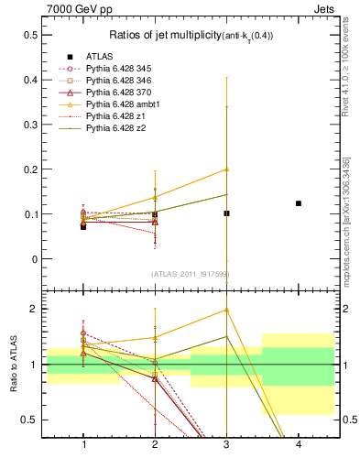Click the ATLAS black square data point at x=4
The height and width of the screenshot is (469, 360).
coord(299,203)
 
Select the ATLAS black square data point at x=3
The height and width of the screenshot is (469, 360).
coord(227,213)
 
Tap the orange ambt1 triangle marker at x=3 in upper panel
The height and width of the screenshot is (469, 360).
coord(227,169)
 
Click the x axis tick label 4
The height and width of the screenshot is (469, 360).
coord(299,444)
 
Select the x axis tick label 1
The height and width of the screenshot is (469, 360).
coord(83,444)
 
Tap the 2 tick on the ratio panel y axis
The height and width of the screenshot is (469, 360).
coord(36,309)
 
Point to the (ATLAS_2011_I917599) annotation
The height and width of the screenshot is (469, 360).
coord(191,274)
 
